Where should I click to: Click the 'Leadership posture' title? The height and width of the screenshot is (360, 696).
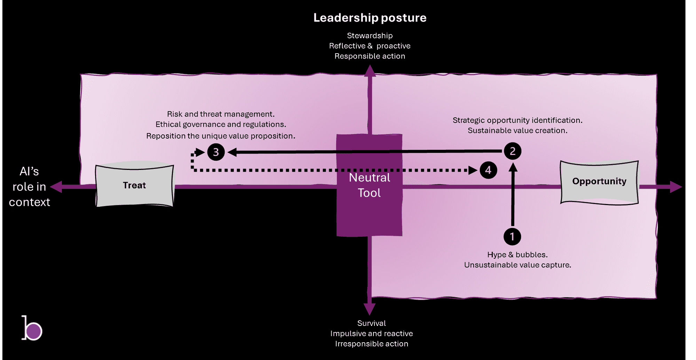(370, 18)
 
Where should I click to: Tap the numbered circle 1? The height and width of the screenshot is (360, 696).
(512, 237)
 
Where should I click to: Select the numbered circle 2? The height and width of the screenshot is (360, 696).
(513, 151)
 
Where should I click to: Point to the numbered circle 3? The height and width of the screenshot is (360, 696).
(216, 152)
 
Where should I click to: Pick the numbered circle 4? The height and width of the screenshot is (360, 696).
(488, 170)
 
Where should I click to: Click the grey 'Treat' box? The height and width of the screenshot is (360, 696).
(135, 186)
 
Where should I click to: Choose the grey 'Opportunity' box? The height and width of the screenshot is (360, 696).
(599, 181)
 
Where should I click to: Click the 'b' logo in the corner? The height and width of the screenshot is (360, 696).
(32, 328)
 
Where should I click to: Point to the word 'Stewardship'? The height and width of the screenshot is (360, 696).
(370, 36)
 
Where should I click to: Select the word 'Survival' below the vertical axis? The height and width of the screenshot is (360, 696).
(371, 323)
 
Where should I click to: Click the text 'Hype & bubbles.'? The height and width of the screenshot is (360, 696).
(517, 255)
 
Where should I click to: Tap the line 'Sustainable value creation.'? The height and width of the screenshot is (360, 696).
(517, 131)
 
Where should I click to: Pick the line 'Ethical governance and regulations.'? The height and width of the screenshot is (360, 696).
(221, 124)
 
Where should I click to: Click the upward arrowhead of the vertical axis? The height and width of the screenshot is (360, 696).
(370, 71)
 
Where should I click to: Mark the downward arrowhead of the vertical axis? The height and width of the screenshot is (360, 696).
(370, 309)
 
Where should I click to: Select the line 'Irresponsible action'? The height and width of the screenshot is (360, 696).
(371, 344)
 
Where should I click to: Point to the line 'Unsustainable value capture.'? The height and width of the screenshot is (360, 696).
(517, 265)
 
